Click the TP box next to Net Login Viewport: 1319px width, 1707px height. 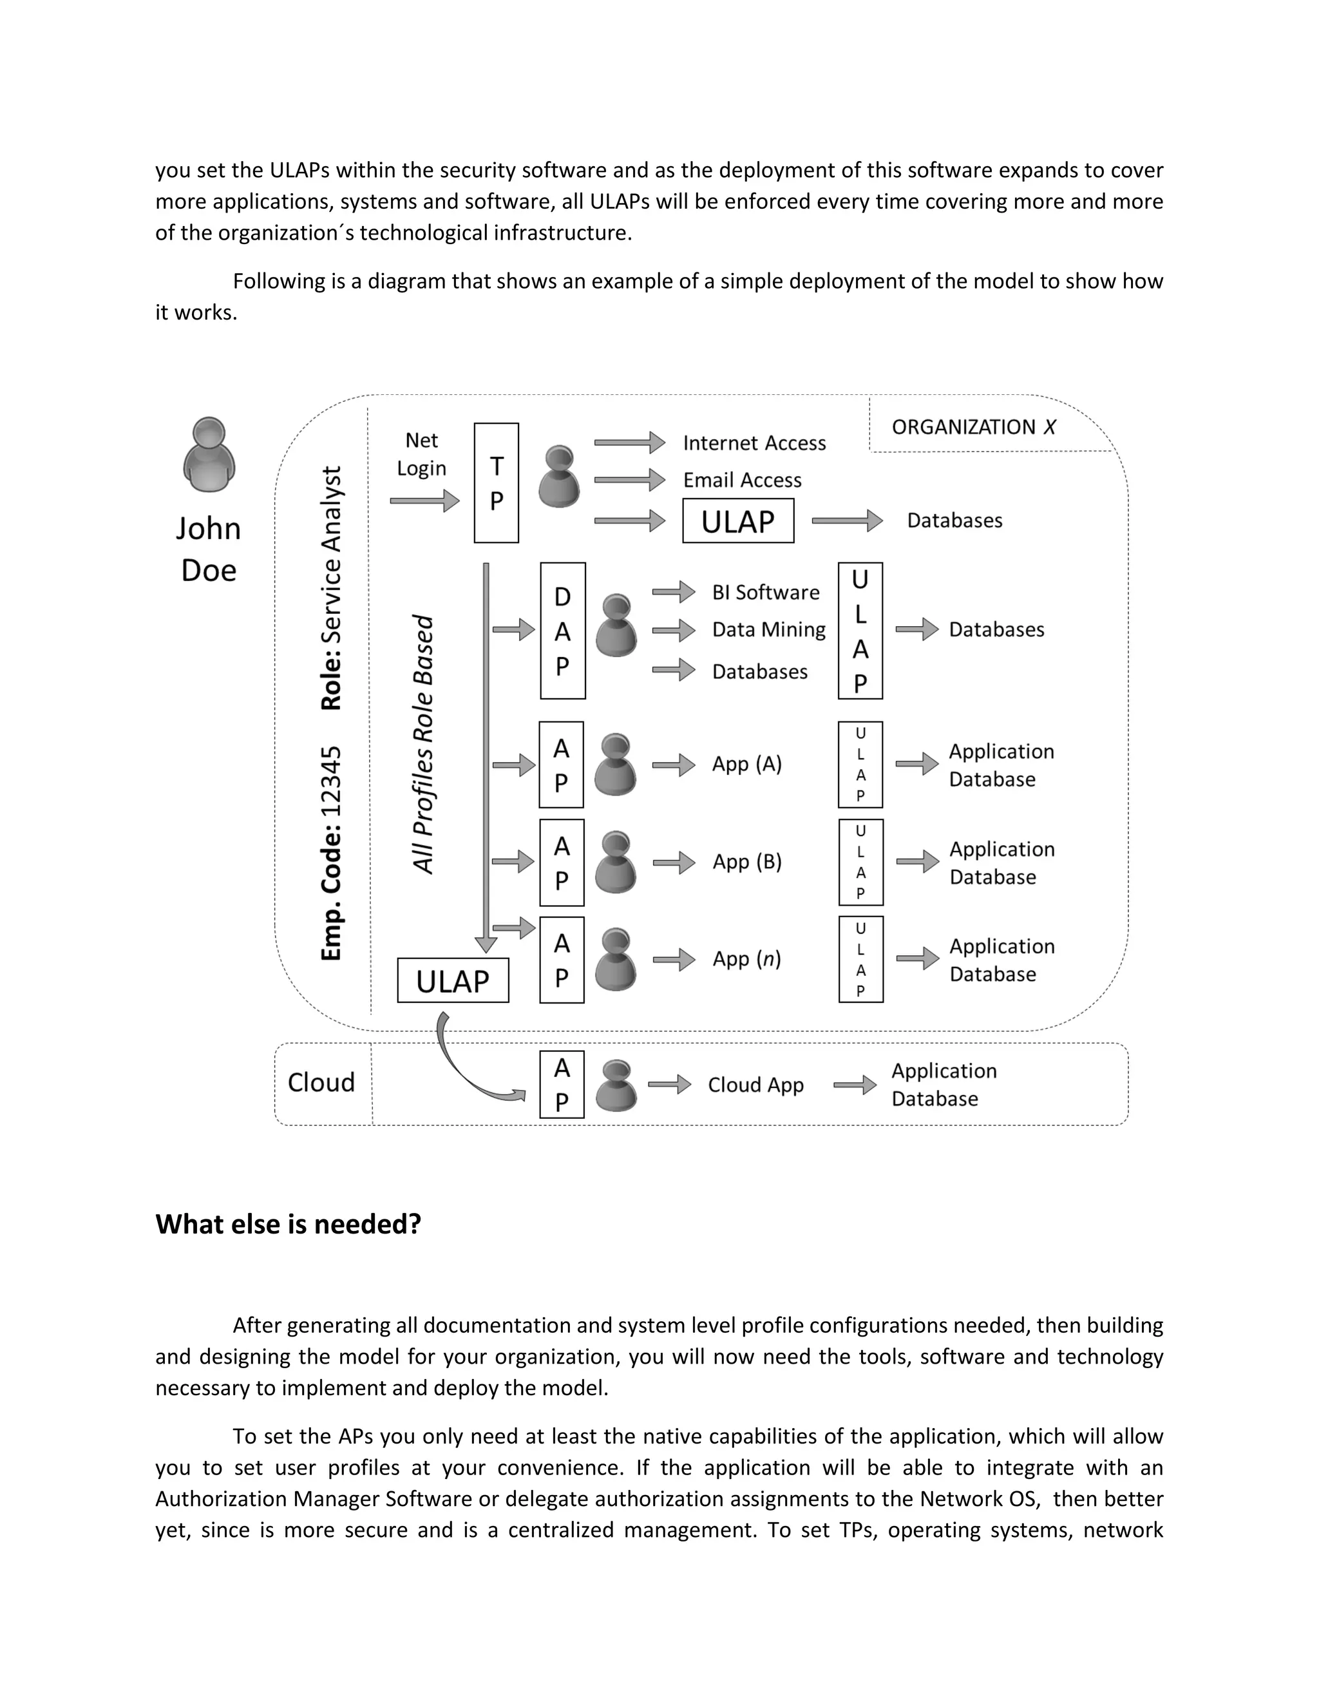496,483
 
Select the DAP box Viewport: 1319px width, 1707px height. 563,631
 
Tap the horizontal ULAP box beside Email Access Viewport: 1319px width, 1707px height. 737,521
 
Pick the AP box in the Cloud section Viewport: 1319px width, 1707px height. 562,1085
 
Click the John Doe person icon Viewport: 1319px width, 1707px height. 209,455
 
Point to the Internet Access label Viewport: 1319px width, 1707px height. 754,443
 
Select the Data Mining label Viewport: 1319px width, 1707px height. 768,630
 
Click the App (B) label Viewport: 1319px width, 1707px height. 746,861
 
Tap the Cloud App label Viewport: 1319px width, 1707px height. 755,1085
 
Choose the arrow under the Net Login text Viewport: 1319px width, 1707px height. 424,501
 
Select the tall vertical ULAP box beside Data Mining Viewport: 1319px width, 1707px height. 860,631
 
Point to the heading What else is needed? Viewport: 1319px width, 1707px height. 289,1224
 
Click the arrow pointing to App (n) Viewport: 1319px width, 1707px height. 674,959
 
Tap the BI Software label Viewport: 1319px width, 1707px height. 765,593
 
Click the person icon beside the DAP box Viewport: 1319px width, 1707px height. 616,627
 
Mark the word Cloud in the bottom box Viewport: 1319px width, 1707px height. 321,1083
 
